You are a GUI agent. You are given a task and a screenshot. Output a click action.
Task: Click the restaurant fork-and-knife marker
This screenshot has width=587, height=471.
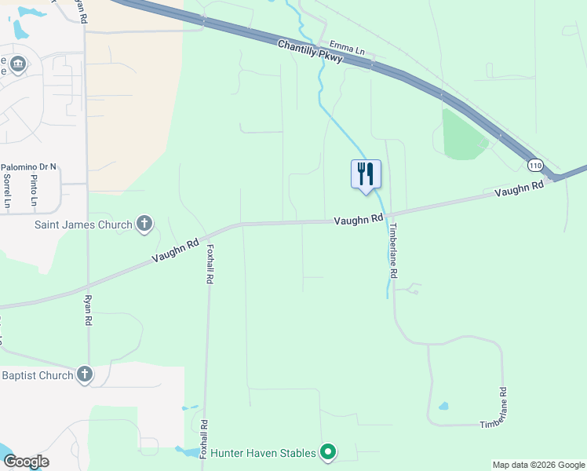366,173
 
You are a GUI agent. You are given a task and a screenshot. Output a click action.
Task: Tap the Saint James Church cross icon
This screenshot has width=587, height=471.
144,225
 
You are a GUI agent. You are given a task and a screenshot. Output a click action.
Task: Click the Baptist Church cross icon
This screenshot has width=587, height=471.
85,375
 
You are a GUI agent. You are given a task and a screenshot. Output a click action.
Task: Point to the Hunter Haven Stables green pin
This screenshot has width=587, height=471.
329,452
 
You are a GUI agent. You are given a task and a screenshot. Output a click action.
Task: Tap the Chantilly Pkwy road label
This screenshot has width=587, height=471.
310,54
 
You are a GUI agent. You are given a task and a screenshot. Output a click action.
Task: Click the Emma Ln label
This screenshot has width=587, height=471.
348,49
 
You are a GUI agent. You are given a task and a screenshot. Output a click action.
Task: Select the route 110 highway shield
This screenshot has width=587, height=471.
535,166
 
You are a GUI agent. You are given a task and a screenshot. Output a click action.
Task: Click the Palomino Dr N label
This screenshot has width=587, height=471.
29,167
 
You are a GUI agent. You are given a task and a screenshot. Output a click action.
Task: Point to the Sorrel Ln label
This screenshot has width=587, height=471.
7,191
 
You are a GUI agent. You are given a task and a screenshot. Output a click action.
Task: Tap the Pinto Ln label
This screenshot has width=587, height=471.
34,191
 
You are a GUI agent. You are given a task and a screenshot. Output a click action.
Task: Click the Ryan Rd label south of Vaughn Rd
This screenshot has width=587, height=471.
88,310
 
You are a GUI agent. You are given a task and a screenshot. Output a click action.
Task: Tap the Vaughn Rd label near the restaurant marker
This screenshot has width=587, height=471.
358,220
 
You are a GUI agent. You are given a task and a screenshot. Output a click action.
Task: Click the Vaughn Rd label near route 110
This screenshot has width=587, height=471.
519,189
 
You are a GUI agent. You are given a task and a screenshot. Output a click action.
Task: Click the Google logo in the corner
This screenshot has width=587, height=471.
25,462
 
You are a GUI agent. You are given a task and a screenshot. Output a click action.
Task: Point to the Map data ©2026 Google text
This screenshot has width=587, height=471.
538,465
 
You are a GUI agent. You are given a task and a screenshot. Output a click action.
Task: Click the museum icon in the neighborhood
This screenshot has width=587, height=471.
18,64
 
